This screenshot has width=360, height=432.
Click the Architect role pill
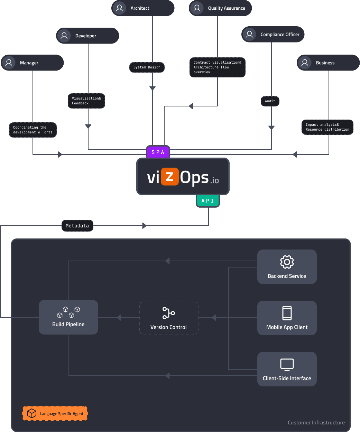click(143, 8)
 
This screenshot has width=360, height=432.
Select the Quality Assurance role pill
click(220, 8)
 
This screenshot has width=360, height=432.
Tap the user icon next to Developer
click(64, 36)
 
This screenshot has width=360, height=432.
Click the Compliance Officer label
click(280, 35)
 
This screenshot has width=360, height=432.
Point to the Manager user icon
click(9, 63)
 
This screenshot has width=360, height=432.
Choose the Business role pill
click(328, 63)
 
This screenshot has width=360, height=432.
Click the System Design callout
click(147, 67)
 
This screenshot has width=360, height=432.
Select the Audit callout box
click(270, 101)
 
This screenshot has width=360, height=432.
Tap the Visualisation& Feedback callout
click(86, 101)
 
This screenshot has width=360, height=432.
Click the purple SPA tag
click(158, 152)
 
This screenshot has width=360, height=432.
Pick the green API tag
click(207, 201)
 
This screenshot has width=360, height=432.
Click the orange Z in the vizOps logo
click(169, 177)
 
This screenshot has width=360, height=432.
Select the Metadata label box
click(77, 226)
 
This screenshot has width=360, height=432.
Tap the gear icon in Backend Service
click(287, 262)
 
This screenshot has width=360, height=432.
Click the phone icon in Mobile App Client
click(287, 313)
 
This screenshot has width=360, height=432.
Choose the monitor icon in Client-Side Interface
click(287, 364)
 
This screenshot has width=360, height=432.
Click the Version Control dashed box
click(169, 318)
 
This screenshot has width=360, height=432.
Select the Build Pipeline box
click(68, 317)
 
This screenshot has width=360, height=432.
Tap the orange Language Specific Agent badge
click(55, 413)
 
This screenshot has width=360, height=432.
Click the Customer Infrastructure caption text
click(316, 423)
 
